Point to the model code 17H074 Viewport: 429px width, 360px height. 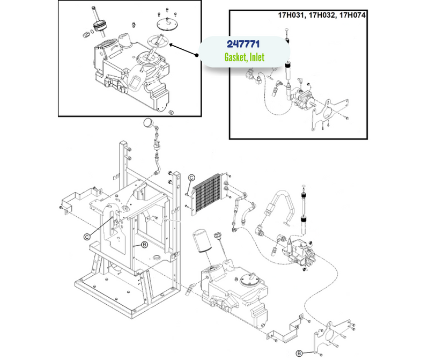351,15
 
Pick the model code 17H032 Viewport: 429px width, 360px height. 322,15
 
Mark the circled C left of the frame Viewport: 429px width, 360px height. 86,235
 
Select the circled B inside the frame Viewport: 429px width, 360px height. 144,245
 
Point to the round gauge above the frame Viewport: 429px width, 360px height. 146,124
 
